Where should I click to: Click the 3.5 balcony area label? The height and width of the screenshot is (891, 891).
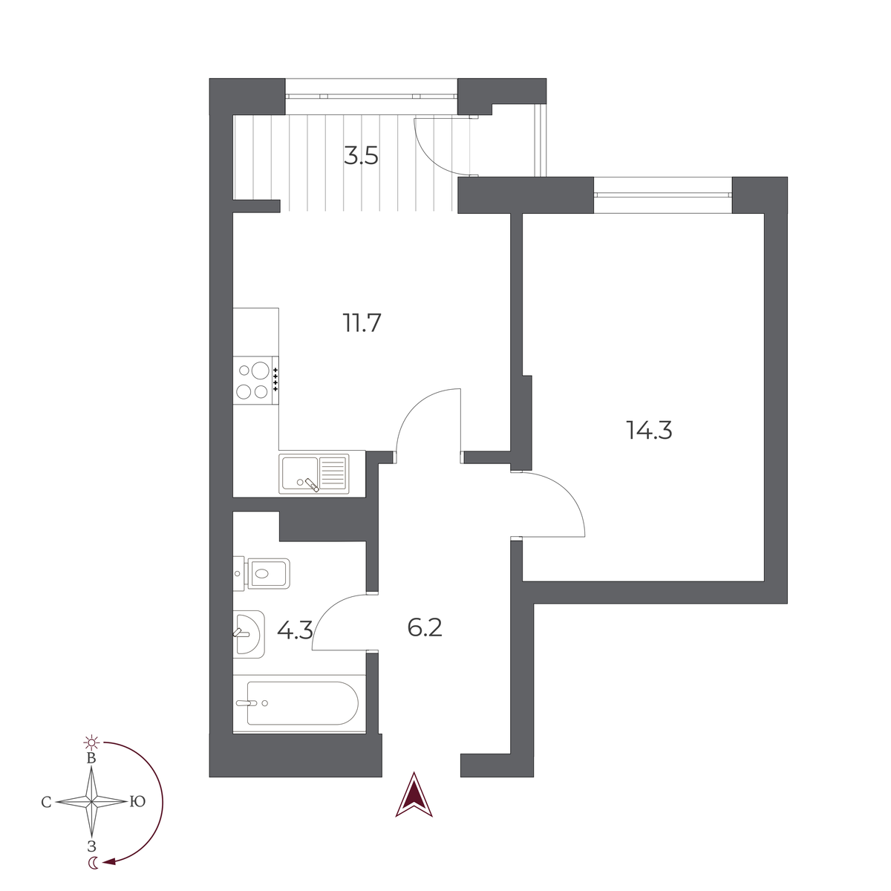(361, 156)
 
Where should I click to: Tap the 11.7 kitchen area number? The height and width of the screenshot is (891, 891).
(362, 323)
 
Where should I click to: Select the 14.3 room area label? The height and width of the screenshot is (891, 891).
(649, 430)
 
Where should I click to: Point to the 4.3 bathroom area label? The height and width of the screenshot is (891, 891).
(295, 630)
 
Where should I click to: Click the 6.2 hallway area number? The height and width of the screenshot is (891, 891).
(425, 627)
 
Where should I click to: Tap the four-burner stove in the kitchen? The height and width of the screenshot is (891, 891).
(255, 380)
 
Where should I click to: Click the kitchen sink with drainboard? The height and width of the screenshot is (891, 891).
(314, 474)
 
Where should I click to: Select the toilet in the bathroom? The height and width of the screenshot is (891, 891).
(261, 574)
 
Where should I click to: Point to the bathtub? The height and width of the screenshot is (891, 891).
(299, 703)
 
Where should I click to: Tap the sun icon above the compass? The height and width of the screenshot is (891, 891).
(91, 742)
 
